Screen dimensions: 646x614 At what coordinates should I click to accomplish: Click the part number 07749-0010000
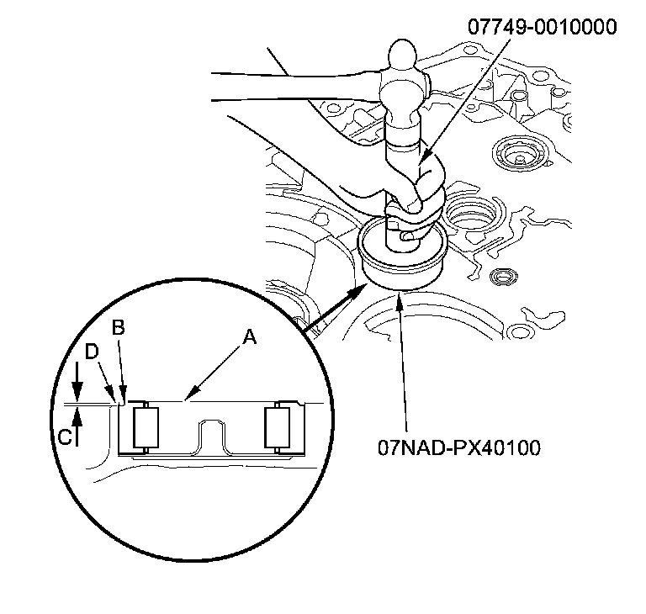543,27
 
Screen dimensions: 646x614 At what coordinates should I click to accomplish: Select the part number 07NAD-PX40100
458,446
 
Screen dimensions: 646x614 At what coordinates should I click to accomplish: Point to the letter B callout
119,327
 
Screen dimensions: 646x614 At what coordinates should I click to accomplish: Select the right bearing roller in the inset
277,427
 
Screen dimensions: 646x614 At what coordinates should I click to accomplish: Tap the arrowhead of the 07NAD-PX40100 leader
402,295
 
